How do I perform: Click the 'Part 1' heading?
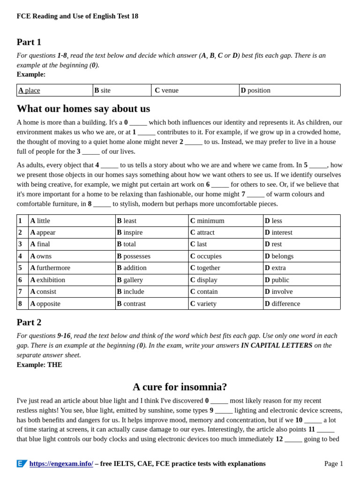point(29,42)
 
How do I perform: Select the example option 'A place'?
point(29,90)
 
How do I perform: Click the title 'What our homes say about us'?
point(83,109)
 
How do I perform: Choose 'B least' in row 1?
point(127,221)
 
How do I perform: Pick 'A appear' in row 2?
point(43,232)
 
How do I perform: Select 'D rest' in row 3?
point(273,244)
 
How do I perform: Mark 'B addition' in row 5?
point(132,268)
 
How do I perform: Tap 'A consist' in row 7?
point(44,292)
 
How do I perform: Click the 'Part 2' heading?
point(29,322)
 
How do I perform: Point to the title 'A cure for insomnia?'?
point(180,387)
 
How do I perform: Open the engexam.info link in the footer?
point(61,464)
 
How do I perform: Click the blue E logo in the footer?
point(22,464)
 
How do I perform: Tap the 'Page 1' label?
point(333,464)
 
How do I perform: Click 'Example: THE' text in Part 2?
point(39,365)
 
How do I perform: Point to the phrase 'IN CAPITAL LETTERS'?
point(276,345)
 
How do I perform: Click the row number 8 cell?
point(20,304)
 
